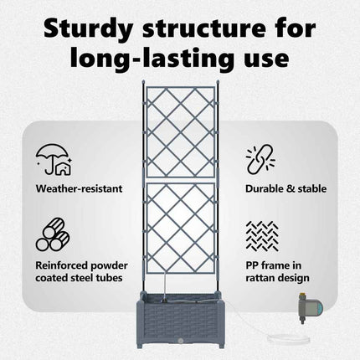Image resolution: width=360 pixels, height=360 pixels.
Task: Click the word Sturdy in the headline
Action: [88, 29]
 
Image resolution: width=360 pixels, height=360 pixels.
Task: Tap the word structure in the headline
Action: [204, 28]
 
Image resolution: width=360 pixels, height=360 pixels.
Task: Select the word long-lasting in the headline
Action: [151, 58]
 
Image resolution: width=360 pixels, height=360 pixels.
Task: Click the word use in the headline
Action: [266, 59]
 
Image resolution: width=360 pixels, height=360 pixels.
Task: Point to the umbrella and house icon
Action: [54, 160]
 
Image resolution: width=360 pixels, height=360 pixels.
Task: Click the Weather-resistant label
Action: [79, 188]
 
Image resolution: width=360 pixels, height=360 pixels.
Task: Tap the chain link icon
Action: [260, 159]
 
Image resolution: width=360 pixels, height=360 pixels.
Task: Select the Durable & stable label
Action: [286, 188]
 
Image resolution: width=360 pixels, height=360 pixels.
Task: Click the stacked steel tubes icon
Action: [53, 234]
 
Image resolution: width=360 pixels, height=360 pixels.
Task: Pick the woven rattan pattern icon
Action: [262, 236]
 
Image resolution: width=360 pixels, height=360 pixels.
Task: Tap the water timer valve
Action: [311, 307]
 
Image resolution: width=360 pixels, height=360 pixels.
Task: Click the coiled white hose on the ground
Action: [288, 339]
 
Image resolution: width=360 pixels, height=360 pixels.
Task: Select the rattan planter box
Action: [180, 320]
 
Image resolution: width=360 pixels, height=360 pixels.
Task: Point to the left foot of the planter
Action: [141, 345]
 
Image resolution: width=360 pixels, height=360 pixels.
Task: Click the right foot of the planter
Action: [220, 345]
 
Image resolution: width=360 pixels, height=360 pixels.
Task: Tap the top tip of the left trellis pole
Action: [143, 80]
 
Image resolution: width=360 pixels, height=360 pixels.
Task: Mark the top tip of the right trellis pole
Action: [218, 80]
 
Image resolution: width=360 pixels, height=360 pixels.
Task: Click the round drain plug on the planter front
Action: [181, 341]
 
